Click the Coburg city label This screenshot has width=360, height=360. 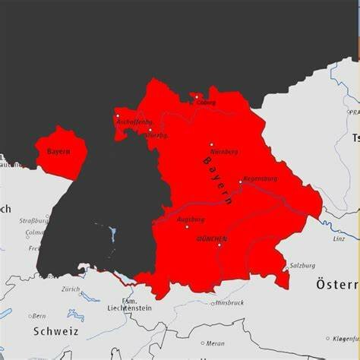pyautogui.click(x=206, y=103)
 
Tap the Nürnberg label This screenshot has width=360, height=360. pyautogui.click(x=226, y=151)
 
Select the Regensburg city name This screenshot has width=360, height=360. pyautogui.click(x=261, y=179)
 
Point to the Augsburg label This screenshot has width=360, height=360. pyautogui.click(x=191, y=219)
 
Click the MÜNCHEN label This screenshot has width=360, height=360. pyautogui.click(x=211, y=238)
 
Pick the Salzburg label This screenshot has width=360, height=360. pyautogui.click(x=302, y=266)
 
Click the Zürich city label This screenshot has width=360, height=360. pyautogui.click(x=71, y=289)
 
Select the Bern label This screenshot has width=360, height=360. pyautogui.click(x=38, y=316)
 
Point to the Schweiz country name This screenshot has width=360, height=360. pyautogui.click(x=55, y=331)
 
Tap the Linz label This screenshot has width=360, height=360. pyautogui.click(x=339, y=238)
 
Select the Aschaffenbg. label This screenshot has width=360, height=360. pyautogui.click(x=134, y=122)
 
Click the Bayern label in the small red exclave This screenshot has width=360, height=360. pyautogui.click(x=58, y=152)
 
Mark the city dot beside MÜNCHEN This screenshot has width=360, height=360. pyautogui.click(x=219, y=245)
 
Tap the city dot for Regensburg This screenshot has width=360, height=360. pyautogui.click(x=240, y=182)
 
